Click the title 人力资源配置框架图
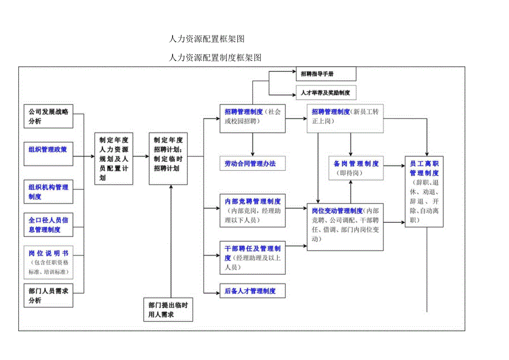[206, 39]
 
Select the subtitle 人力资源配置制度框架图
[215, 57]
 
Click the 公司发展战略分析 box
[49, 116]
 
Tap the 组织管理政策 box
[49, 149]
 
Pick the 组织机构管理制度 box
[49, 192]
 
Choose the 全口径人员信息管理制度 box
[49, 225]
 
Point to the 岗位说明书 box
[49, 262]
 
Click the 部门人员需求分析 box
[49, 295]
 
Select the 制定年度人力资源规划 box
[114, 159]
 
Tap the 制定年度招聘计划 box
[168, 159]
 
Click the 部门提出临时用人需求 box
[168, 310]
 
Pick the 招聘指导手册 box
[325, 74]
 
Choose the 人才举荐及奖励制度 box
[325, 92]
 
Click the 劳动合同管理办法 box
[252, 164]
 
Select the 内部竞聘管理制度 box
[252, 210]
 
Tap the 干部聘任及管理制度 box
[252, 258]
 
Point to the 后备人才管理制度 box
[252, 291]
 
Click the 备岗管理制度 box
[356, 168]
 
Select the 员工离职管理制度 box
[424, 192]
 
